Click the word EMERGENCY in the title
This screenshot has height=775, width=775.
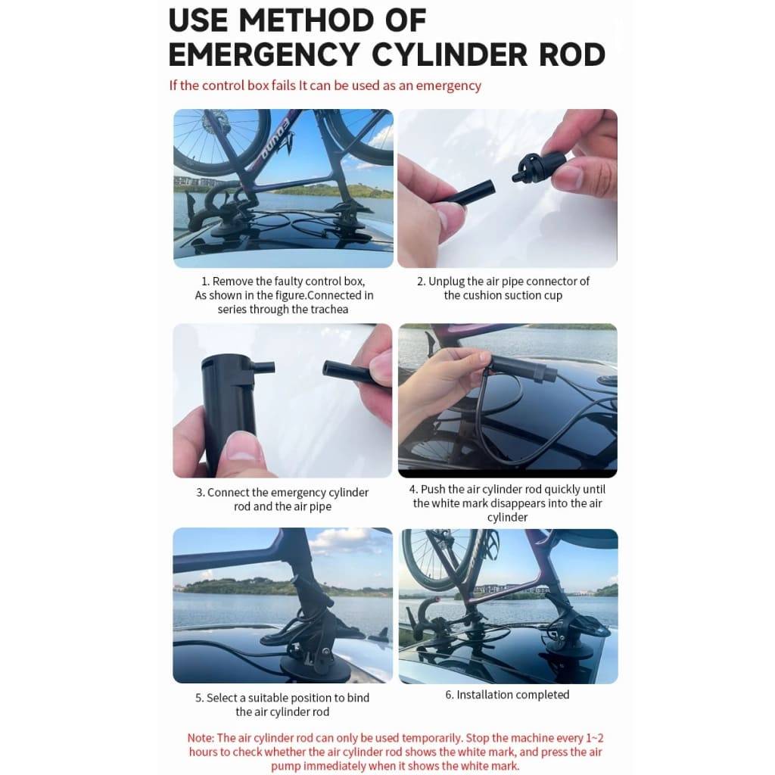[x=263, y=54]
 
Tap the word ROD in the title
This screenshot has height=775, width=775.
[x=572, y=54]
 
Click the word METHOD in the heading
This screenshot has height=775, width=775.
[x=307, y=20]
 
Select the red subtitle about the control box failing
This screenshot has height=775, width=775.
[x=325, y=86]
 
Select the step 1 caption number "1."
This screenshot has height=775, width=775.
[x=205, y=282]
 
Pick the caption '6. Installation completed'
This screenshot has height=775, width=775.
[x=507, y=695]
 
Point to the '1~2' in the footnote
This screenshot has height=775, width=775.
[x=595, y=738]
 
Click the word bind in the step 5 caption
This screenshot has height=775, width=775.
[x=358, y=697]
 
